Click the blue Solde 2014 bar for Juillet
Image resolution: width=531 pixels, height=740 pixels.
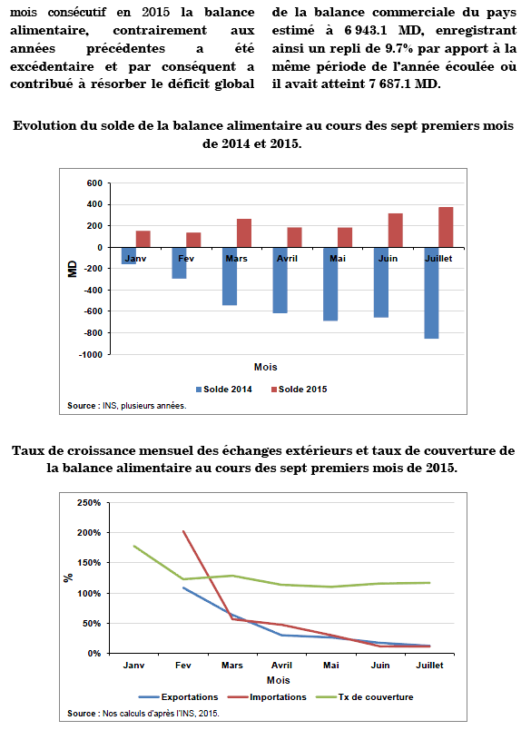(431, 293)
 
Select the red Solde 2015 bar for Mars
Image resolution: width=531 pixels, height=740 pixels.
(244, 233)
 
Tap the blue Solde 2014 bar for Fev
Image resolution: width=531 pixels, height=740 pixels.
(179, 263)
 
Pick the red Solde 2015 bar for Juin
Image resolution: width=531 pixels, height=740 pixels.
(396, 231)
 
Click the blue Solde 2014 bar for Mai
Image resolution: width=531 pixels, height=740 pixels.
(330, 284)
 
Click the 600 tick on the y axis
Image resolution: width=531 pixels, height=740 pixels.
(94, 183)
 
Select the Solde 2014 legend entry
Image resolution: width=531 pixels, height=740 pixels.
(224, 390)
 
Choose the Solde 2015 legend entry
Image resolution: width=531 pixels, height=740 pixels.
(300, 390)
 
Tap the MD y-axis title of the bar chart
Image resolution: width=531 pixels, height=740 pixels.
(73, 269)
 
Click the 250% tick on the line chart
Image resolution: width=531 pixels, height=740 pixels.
(89, 503)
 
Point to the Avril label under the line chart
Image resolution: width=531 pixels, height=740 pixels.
(281, 665)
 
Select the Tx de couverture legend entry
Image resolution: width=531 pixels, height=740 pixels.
(364, 697)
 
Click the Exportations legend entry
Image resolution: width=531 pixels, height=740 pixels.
(179, 697)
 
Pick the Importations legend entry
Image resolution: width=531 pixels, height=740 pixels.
(267, 697)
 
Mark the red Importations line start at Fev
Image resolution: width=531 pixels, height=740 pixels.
(183, 531)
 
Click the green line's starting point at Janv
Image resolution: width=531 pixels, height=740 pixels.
(134, 546)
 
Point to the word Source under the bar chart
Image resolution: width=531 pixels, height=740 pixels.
(81, 406)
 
